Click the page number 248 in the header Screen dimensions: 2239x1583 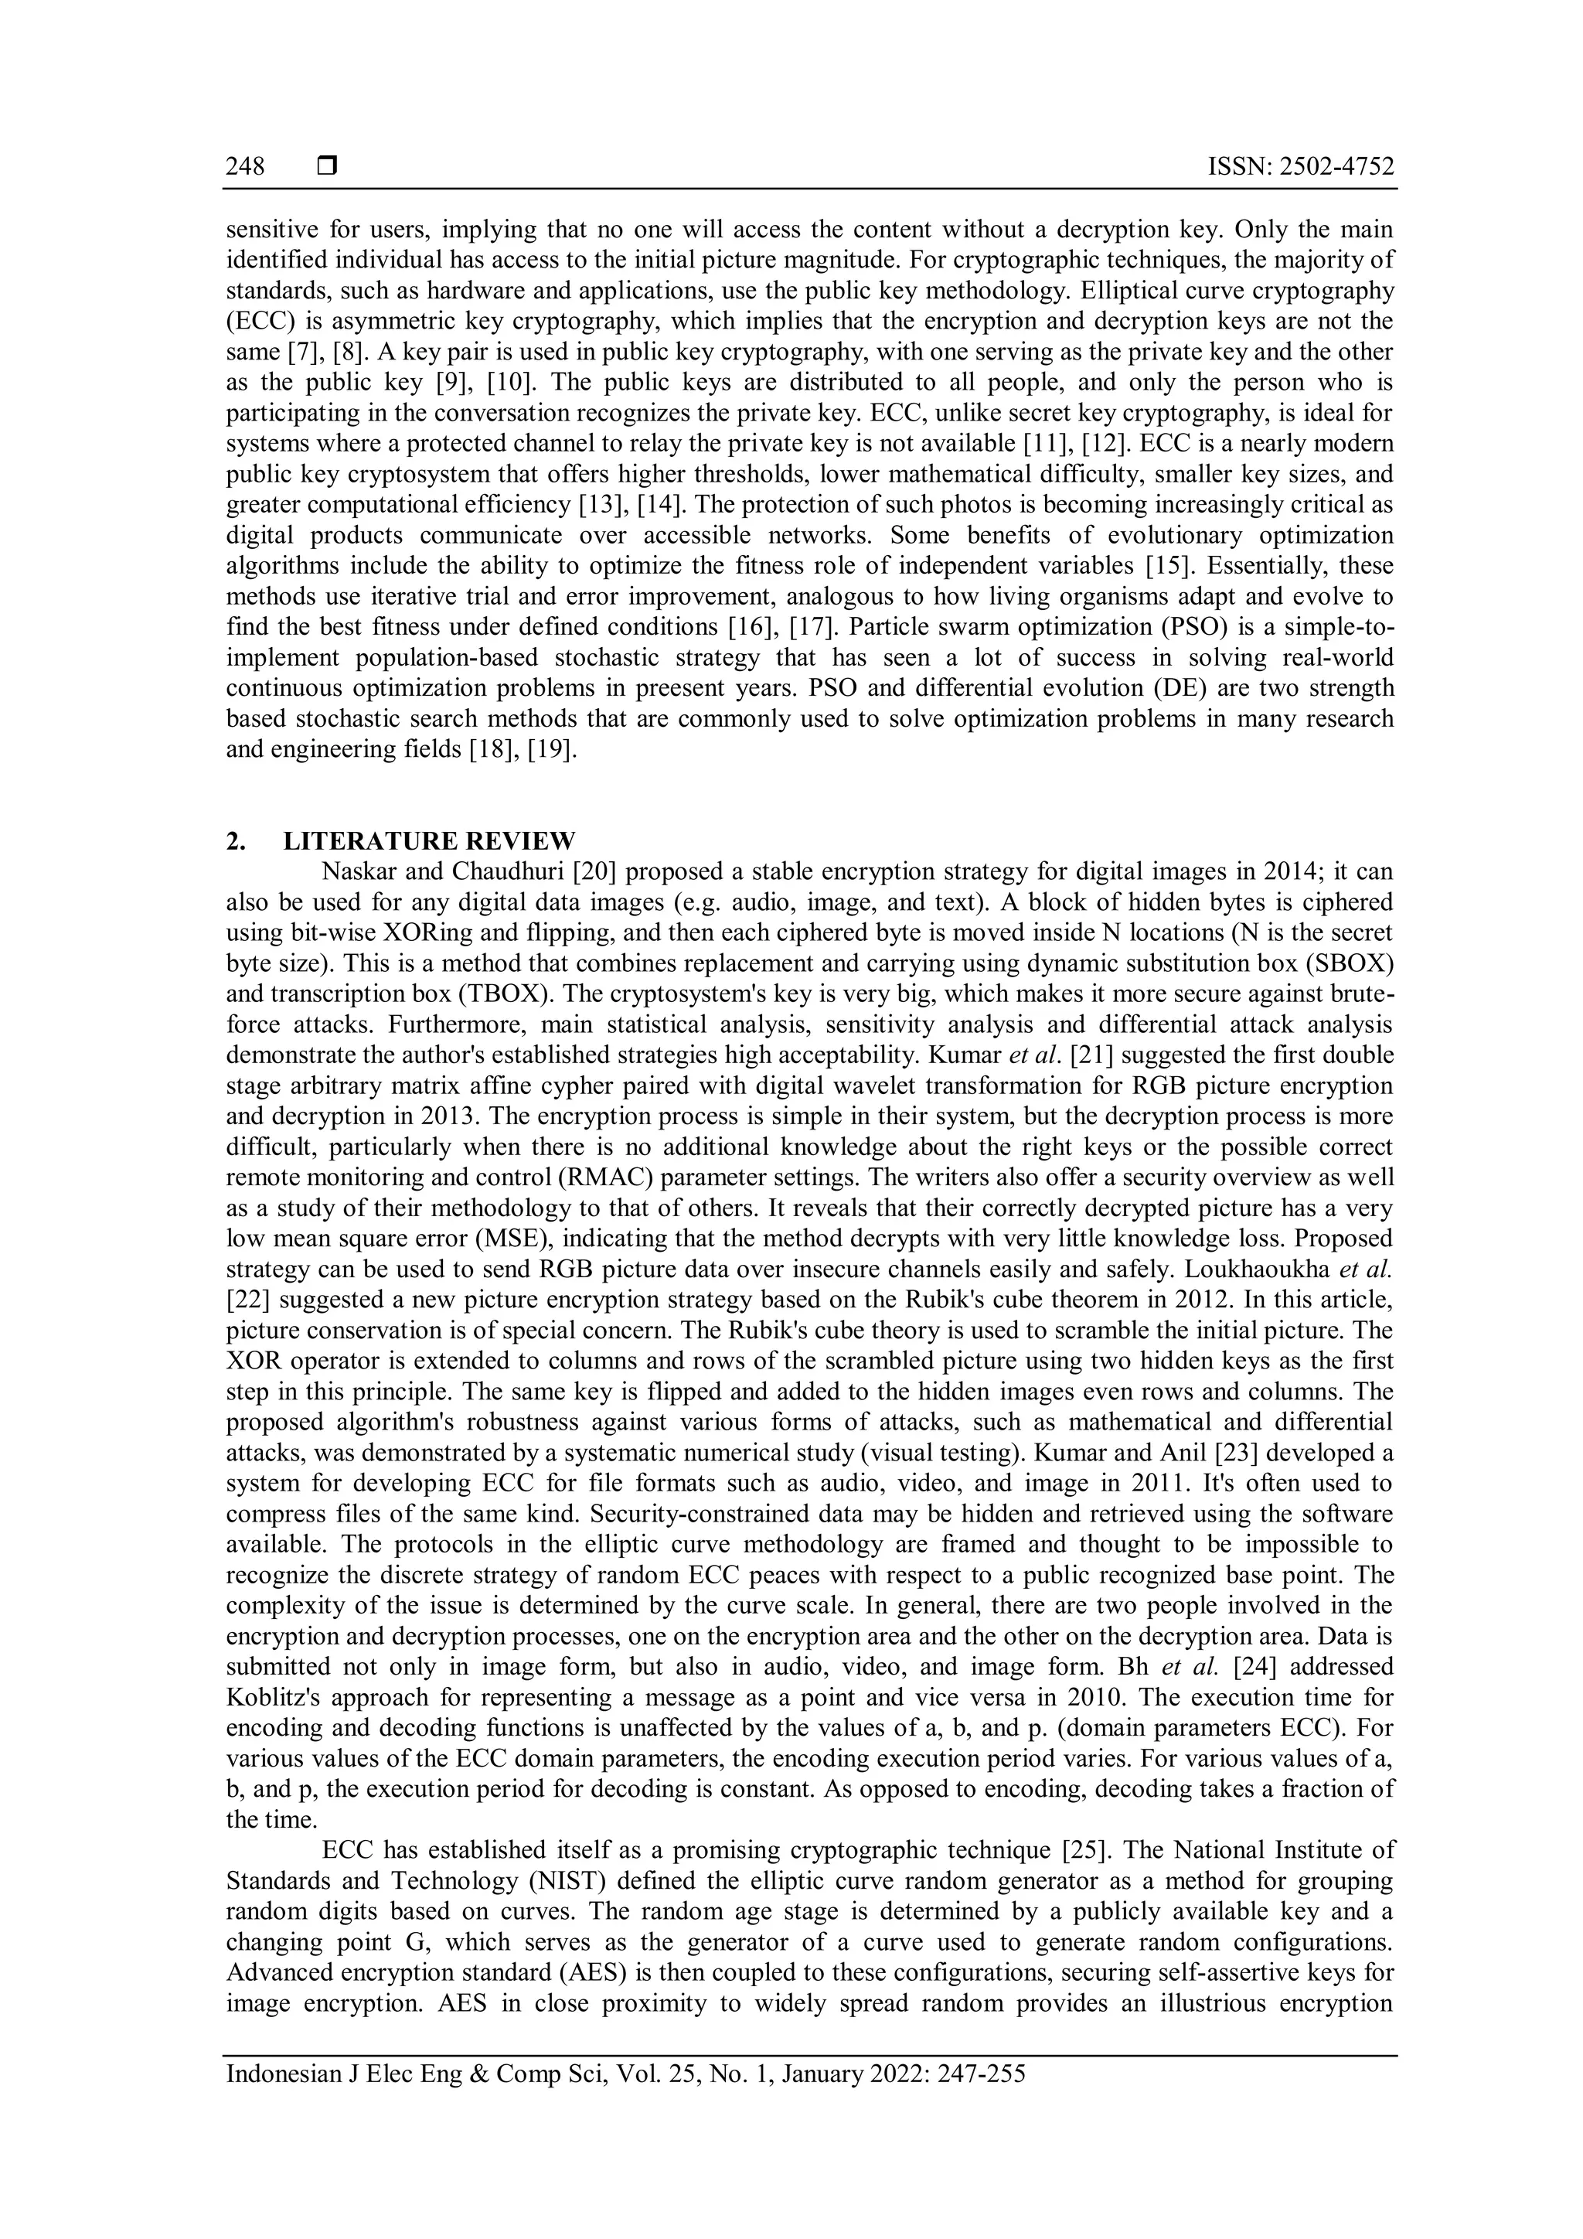coord(245,167)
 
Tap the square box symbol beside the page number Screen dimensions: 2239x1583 coord(326,167)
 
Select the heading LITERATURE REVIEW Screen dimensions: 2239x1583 coord(429,840)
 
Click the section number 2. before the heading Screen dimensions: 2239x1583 coord(235,840)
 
